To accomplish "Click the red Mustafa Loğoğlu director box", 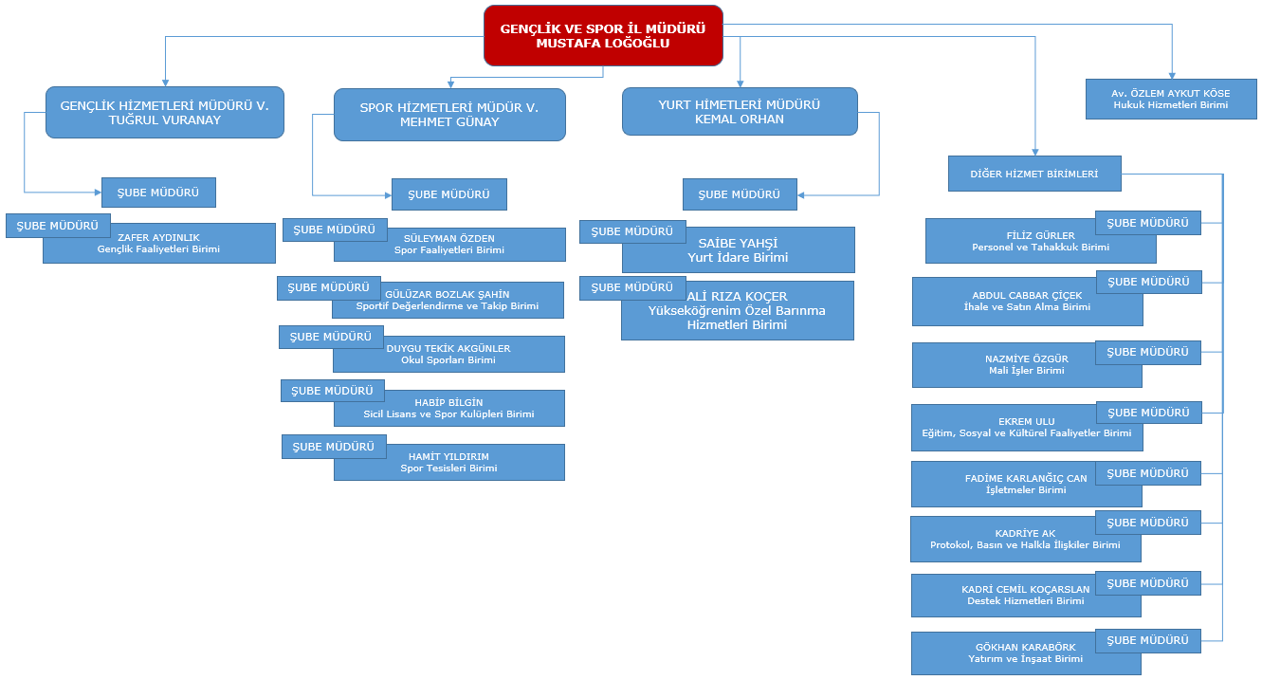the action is tap(603, 35).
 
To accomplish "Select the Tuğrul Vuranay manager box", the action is tap(165, 112).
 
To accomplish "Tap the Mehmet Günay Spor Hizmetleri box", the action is tap(449, 115).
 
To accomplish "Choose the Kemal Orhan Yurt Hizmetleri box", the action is tap(740, 112).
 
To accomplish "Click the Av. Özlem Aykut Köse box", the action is tap(1171, 100).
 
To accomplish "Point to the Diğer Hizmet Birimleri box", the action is tap(1034, 174).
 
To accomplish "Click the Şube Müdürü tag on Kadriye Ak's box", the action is tap(1147, 523).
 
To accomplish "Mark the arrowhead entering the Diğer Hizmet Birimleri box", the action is tap(1035, 152).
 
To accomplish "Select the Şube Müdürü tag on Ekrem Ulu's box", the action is tap(1149, 413).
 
